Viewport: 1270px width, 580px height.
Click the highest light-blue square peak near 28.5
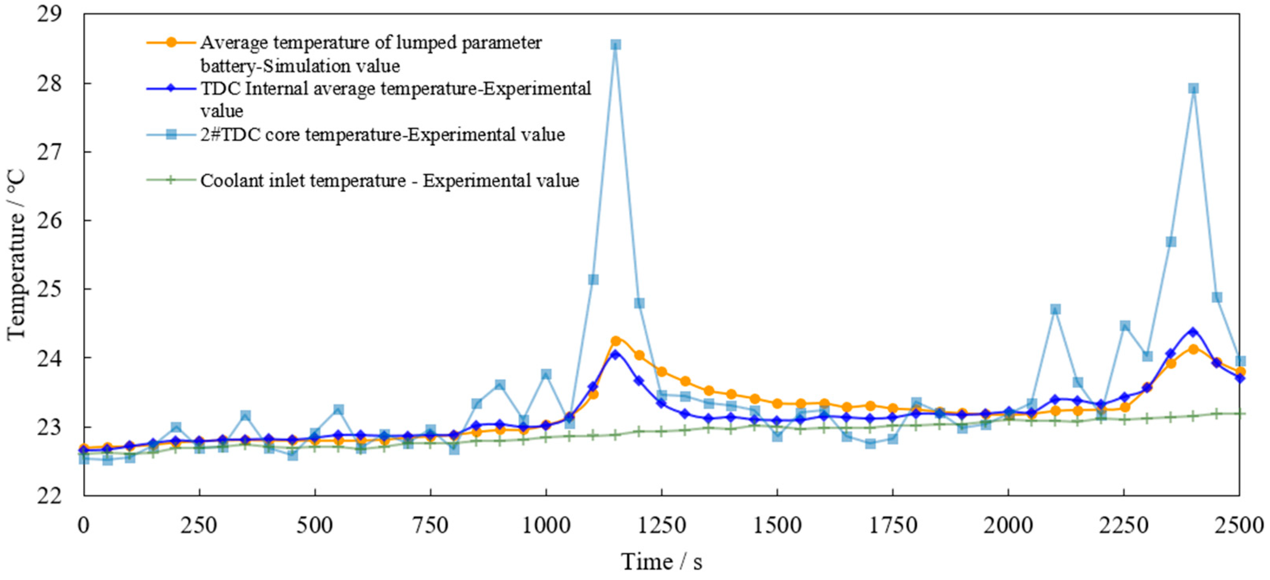click(615, 45)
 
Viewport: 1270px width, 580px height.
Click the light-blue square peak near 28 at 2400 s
click(1193, 89)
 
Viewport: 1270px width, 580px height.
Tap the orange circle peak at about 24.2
click(615, 341)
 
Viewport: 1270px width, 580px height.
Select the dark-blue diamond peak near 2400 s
click(1193, 332)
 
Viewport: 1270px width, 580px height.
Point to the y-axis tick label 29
click(49, 14)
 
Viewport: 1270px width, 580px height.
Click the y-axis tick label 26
click(49, 220)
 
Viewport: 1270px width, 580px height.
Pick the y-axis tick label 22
click(49, 495)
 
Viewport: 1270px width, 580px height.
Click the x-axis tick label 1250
click(661, 526)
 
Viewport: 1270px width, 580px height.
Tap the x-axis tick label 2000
click(1008, 526)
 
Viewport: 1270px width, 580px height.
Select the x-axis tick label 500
click(314, 526)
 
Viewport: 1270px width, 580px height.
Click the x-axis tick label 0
click(84, 526)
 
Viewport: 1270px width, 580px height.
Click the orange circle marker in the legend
click(171, 42)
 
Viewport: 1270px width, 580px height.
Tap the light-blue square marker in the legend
click(171, 135)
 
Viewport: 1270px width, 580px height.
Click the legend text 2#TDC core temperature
click(382, 135)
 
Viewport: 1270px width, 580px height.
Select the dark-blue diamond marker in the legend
click(171, 89)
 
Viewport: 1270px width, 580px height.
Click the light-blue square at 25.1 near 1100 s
click(593, 280)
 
